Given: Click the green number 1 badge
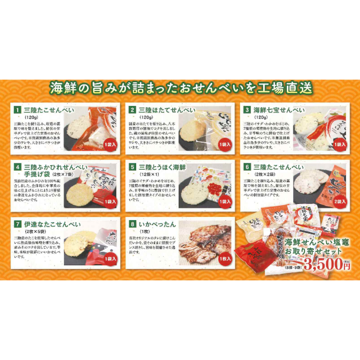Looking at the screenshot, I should [18, 109].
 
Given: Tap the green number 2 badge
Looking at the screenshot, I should [132, 109].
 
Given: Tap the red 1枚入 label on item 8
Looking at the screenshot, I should [224, 259].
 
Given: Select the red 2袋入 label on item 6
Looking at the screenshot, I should [338, 202].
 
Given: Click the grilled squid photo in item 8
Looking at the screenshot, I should [205, 243].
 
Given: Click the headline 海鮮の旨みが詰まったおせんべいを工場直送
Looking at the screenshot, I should [180, 87].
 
